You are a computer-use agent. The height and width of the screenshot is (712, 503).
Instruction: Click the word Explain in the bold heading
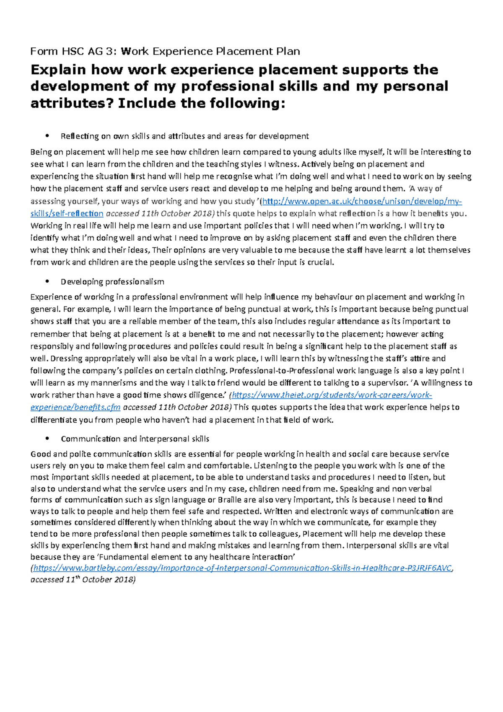pos(58,70)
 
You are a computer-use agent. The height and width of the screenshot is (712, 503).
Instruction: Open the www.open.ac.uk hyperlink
pos(360,201)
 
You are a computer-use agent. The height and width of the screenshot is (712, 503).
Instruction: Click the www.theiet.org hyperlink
pos(331,395)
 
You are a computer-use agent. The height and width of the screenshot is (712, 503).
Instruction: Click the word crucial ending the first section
pos(321,262)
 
